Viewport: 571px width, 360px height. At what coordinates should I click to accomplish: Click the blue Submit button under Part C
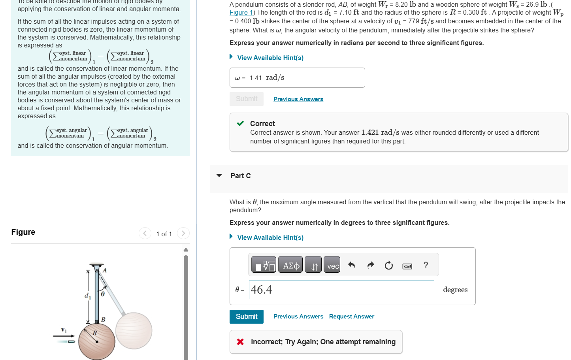tap(246, 317)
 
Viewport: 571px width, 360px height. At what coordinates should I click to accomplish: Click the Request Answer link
tap(351, 317)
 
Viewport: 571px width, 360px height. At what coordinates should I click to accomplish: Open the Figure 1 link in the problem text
tap(241, 13)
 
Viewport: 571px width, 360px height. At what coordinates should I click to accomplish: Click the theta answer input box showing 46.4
tap(341, 290)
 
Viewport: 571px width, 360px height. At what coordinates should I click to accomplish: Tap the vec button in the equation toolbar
tap(333, 266)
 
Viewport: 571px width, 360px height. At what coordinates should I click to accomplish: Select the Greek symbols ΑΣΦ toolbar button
tap(291, 266)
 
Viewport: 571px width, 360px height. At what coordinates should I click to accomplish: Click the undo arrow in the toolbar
tap(351, 265)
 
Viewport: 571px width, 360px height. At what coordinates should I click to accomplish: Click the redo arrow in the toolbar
tap(370, 265)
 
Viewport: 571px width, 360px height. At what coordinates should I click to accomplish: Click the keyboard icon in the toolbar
tap(407, 266)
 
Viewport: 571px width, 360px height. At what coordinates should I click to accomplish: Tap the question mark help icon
tap(426, 265)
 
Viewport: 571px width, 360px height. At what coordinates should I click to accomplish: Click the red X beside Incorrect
tap(240, 342)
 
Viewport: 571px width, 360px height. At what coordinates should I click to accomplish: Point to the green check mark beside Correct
tap(240, 123)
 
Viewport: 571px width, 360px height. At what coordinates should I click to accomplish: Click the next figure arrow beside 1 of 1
tap(183, 233)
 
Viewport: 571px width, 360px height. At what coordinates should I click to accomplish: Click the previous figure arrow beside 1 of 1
tap(145, 233)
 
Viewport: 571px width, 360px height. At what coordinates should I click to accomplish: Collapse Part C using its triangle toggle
tap(219, 175)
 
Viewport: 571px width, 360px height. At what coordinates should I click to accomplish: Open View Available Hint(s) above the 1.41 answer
tap(270, 58)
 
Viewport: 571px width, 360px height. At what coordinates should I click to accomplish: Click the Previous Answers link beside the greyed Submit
tap(298, 99)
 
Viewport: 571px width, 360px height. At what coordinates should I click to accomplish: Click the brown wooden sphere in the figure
tap(97, 341)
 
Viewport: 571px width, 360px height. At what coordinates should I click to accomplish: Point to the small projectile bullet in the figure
tap(71, 341)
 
